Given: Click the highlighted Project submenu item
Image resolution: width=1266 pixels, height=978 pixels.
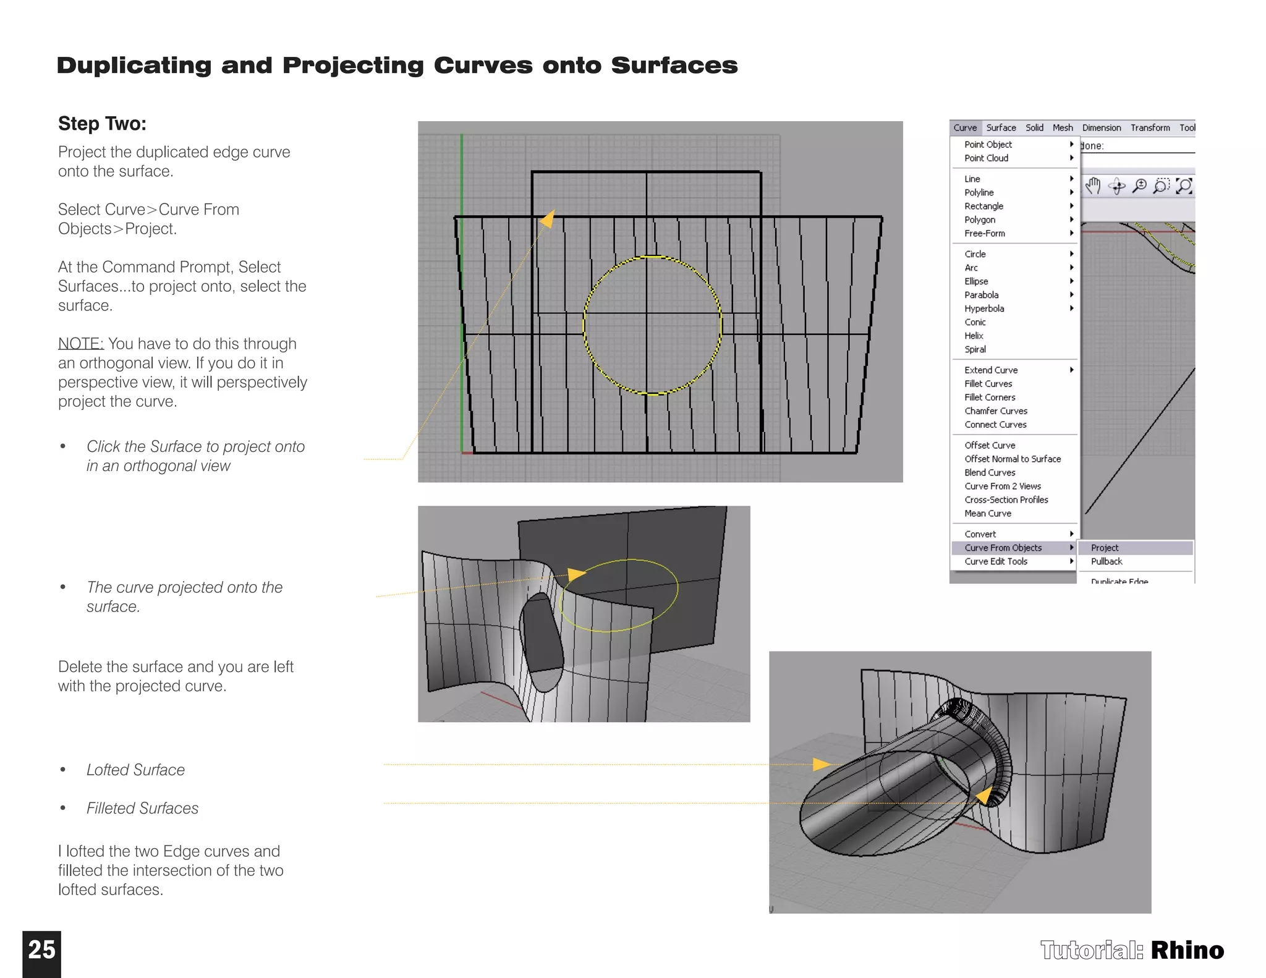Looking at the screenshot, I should pyautogui.click(x=1105, y=548).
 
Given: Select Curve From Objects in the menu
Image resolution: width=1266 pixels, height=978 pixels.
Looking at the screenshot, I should pyautogui.click(x=1003, y=548).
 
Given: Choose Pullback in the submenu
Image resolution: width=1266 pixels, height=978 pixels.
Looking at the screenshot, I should pyautogui.click(x=1106, y=561).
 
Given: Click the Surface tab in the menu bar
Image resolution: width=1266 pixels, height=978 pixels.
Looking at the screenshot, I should pyautogui.click(x=1001, y=128).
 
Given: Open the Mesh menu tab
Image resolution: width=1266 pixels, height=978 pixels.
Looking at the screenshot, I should pyautogui.click(x=1063, y=128).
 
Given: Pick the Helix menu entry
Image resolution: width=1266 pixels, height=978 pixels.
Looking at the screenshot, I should pyautogui.click(x=974, y=336).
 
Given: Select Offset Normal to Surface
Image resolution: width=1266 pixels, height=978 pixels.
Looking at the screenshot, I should pyautogui.click(x=1012, y=459).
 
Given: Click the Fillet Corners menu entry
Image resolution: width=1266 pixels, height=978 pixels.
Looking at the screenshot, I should pyautogui.click(x=989, y=398).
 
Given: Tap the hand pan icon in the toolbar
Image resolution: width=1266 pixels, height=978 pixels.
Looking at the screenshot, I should pyautogui.click(x=1093, y=185).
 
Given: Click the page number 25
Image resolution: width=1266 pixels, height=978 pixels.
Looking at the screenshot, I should pyautogui.click(x=41, y=950).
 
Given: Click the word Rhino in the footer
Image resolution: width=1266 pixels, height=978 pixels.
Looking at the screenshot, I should pyautogui.click(x=1187, y=950).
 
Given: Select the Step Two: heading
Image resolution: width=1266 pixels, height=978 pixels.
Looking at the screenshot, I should pyautogui.click(x=102, y=124).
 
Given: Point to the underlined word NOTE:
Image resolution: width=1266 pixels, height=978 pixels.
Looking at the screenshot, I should pyautogui.click(x=80, y=344).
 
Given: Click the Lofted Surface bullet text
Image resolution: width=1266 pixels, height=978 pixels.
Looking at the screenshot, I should pyautogui.click(x=135, y=770).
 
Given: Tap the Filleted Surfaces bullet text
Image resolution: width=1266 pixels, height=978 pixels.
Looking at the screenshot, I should pyautogui.click(x=142, y=808).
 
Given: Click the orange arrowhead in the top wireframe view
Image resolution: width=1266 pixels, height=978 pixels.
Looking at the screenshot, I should pyautogui.click(x=548, y=218).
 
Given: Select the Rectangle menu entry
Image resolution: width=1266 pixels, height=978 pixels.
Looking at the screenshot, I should pyautogui.click(x=983, y=206).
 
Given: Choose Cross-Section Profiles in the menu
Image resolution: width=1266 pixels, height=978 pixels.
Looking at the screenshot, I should pyautogui.click(x=1006, y=500).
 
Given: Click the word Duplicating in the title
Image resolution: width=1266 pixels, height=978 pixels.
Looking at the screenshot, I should pyautogui.click(x=134, y=66).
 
